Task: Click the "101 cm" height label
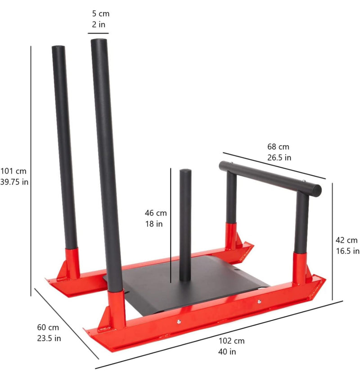[x=13, y=171]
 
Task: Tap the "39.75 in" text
[x=15, y=182]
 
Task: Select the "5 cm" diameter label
[x=100, y=14]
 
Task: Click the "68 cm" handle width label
[x=279, y=147]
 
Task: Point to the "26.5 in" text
[x=279, y=157]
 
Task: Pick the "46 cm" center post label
[x=155, y=213]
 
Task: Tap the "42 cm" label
[x=346, y=240]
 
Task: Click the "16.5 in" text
[x=347, y=251]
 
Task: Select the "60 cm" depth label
[x=48, y=328]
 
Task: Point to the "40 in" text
[x=227, y=351]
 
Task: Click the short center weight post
[x=185, y=225]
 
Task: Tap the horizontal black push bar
[x=270, y=177]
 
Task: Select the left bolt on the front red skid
[x=179, y=321]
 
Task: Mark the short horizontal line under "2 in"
[x=98, y=33]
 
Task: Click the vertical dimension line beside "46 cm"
[x=171, y=225]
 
